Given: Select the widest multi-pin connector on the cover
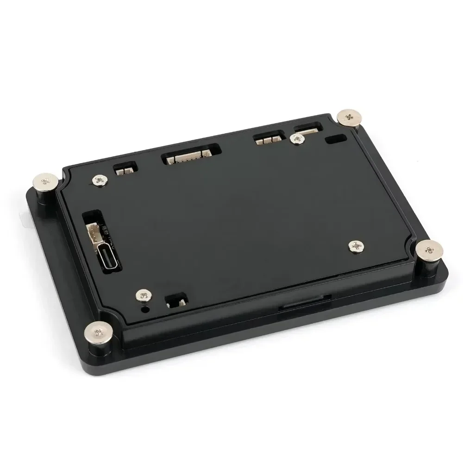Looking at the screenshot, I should pos(190,156).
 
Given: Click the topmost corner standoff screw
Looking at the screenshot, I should pos(350,118).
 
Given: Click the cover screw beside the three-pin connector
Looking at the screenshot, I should pos(294,138).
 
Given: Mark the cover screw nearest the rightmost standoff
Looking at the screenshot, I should pos(355,246).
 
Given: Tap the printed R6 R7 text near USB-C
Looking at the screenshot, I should pos(104,228).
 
